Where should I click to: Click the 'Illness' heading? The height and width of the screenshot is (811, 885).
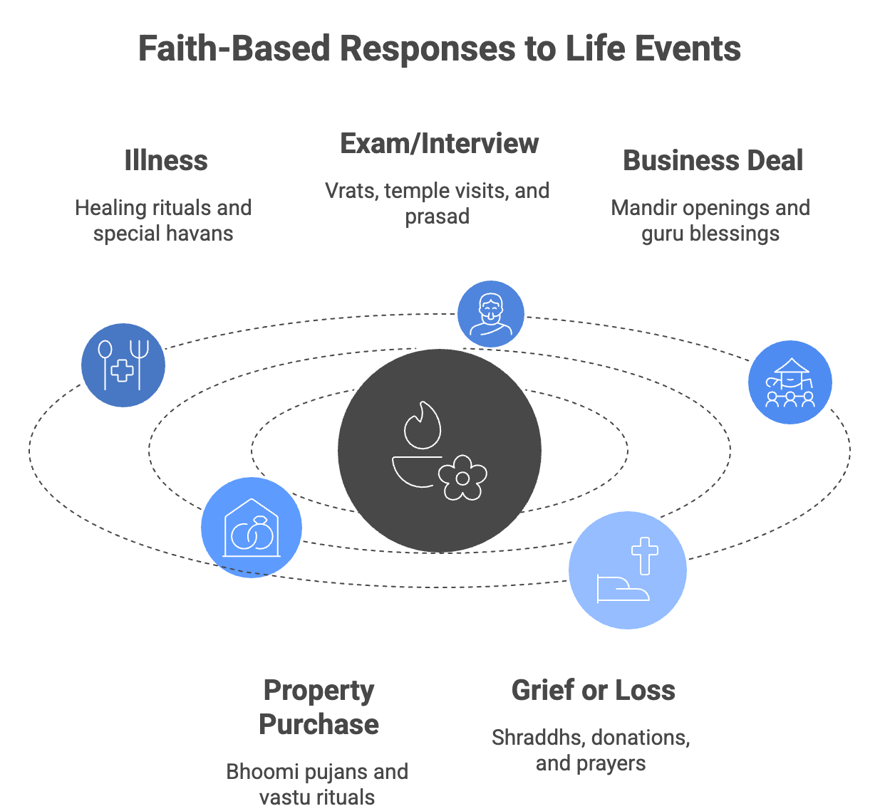165,161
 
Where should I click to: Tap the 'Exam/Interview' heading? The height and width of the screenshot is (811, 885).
439,144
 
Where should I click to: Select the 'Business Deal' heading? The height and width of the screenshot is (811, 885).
713,161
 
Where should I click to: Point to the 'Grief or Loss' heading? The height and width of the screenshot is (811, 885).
593,691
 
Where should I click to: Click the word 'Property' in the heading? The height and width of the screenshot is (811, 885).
319,691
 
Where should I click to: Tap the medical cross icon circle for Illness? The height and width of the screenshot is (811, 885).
123,365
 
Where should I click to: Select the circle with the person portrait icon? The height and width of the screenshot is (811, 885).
490,314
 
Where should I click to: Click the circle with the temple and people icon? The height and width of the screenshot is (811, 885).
790,382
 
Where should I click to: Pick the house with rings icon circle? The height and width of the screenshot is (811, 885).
251,528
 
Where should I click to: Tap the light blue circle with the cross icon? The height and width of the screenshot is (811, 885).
627,570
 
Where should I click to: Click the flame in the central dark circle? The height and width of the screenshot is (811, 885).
423,426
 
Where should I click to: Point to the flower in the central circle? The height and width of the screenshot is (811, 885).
462,477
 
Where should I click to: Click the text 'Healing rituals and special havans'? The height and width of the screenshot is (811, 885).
163,221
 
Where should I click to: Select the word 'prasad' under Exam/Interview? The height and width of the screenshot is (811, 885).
437,216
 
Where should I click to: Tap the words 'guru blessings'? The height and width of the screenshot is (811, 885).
710,234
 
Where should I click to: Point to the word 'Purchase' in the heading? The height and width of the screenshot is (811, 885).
319,725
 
